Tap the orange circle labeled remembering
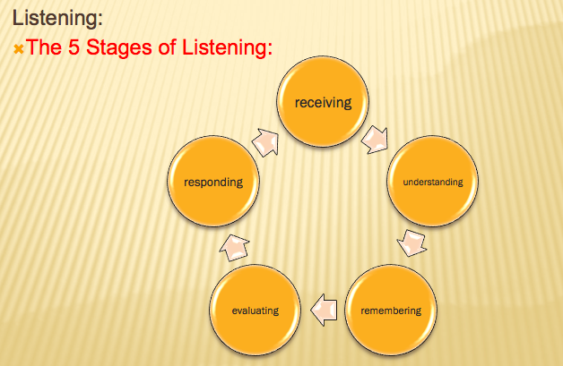click(390, 311)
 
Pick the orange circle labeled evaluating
click(256, 311)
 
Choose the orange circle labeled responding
click(213, 183)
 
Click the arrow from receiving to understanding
click(377, 139)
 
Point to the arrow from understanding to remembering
click(411, 243)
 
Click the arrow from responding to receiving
click(267, 140)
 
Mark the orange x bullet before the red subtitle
click(18, 47)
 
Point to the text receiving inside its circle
click(324, 102)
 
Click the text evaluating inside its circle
click(256, 311)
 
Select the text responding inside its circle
click(213, 183)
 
